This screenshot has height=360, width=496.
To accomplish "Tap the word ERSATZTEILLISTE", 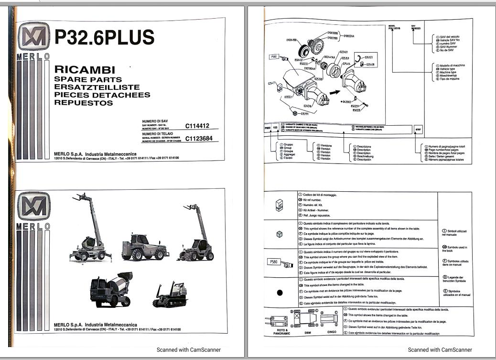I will click(97, 87).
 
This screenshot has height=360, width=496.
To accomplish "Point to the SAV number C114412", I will click(197, 126).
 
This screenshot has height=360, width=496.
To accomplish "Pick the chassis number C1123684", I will click(199, 140).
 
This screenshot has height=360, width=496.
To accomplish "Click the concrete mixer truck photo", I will click(111, 289).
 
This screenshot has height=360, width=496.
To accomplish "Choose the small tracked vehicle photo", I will click(170, 295).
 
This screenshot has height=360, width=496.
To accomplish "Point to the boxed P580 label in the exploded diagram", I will click(274, 56).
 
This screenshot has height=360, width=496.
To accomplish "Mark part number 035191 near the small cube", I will click(303, 114).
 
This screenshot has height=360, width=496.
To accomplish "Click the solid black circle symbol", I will click(280, 293).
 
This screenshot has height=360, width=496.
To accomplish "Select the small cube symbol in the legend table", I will click(280, 234).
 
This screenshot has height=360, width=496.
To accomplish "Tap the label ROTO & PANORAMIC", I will click(281, 332).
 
